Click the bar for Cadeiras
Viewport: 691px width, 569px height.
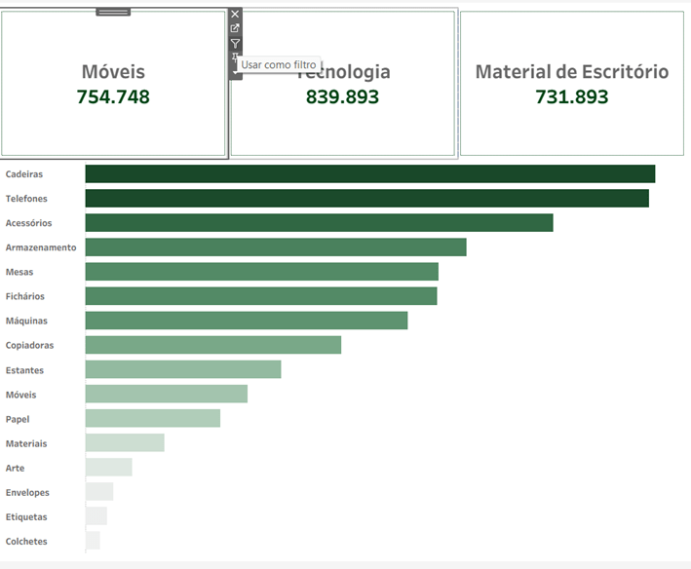click(x=369, y=174)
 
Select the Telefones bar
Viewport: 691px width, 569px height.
click(x=366, y=199)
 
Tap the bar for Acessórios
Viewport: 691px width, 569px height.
click(x=319, y=223)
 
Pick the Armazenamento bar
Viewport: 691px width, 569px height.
click(x=276, y=247)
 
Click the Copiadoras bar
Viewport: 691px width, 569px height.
click(x=213, y=345)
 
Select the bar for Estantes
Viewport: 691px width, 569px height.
click(x=183, y=370)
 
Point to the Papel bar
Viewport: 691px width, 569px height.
click(x=153, y=419)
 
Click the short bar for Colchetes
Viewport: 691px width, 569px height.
click(x=93, y=541)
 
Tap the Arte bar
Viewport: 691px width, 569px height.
click(x=108, y=468)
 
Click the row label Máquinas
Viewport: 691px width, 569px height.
click(x=26, y=321)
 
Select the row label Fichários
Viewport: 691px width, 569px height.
click(x=25, y=296)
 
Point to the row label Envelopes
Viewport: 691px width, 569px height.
click(x=27, y=492)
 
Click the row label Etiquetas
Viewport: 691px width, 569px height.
click(x=26, y=516)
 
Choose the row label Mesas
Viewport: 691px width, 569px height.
click(x=19, y=272)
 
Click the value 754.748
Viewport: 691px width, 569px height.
click(x=113, y=96)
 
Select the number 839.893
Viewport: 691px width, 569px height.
click(x=342, y=96)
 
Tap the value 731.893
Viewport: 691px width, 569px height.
click(x=572, y=96)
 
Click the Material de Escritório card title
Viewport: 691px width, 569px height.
click(x=572, y=72)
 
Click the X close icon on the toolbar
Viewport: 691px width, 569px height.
click(x=235, y=15)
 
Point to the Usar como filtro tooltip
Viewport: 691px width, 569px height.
click(x=279, y=64)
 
